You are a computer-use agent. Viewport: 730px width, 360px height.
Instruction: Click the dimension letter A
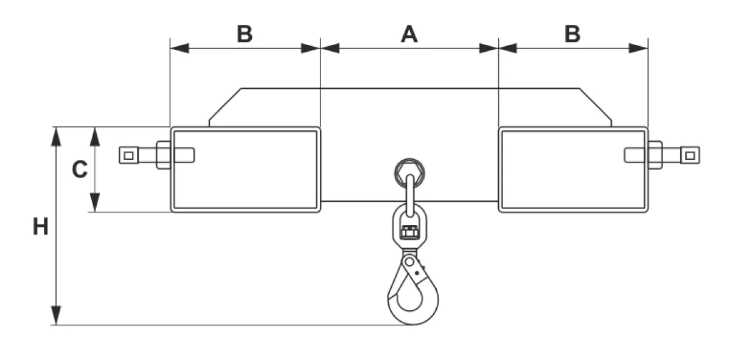409,34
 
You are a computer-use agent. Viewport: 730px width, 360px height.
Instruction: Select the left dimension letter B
245,34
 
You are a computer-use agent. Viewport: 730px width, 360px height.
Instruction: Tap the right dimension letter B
572,34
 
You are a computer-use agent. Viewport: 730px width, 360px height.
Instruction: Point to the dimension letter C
80,170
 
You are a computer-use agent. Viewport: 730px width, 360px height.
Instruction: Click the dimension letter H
41,226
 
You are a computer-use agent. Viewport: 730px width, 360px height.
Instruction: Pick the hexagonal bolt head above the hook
409,173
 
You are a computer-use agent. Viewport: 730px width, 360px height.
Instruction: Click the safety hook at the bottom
412,290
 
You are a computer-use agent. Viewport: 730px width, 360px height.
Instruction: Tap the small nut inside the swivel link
409,232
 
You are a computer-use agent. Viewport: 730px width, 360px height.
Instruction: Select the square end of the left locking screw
129,156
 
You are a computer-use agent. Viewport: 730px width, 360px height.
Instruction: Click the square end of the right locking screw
690,156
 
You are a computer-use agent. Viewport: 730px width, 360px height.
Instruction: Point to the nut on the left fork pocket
163,155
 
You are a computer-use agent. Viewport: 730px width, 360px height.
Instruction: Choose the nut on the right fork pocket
655,155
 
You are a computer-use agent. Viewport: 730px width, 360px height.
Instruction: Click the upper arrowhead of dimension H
56,136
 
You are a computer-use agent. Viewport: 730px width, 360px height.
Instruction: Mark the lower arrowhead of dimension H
56,316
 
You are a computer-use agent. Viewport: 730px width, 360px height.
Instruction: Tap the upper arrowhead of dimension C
95,136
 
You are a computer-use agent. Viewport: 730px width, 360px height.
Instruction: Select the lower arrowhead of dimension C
95,202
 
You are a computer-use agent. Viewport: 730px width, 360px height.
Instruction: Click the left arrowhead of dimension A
330,48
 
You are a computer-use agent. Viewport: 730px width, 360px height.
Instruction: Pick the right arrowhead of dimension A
489,48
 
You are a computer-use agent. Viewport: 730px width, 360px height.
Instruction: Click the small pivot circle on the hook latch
409,262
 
